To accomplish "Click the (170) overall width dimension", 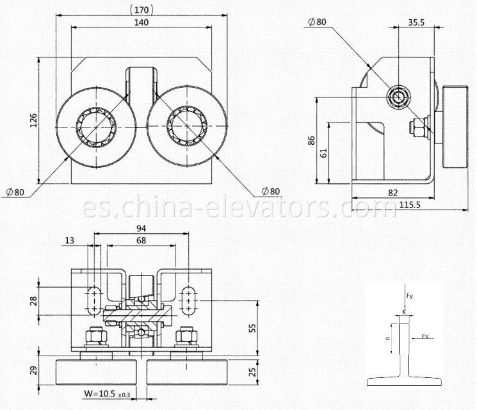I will coord(141,10).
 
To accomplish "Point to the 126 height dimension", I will coord(33,120).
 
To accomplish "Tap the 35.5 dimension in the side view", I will coord(417,22).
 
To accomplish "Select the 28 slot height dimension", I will coord(33,301).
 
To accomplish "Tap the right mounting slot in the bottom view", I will coord(190,300).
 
